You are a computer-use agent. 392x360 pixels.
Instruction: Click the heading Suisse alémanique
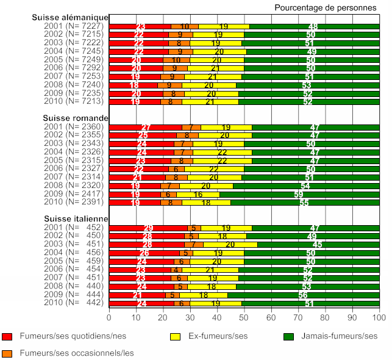tap(70, 18)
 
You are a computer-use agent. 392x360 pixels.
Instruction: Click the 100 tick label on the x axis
tap(379, 317)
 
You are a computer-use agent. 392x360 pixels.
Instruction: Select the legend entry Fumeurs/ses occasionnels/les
tap(76, 352)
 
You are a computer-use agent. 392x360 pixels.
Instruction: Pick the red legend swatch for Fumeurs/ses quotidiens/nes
tap(8, 336)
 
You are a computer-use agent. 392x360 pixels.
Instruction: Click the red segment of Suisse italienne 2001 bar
tap(148, 228)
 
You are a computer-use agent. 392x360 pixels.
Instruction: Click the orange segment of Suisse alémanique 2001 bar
tap(185, 26)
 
